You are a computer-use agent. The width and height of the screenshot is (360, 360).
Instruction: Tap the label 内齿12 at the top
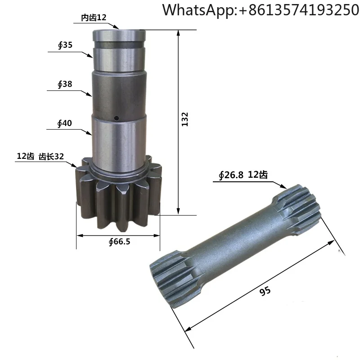point(94,18)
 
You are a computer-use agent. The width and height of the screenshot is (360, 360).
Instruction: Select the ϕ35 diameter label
point(65,45)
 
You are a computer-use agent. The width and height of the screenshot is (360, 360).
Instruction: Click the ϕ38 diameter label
point(65,84)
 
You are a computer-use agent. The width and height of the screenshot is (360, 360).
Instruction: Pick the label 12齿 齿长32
point(40,156)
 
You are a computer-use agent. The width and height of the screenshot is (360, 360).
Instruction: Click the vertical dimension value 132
point(185,119)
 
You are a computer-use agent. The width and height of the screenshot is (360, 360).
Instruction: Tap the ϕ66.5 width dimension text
point(119,242)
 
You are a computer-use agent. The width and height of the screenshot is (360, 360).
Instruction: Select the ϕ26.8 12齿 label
point(243,175)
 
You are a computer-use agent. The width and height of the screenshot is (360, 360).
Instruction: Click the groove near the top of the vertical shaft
point(119,44)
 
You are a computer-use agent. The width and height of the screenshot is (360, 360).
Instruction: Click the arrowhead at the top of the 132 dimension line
point(179,33)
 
